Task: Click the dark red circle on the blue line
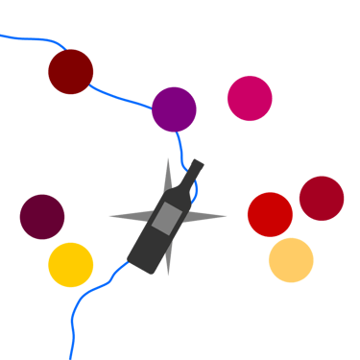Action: [x=71, y=72]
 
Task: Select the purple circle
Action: [x=174, y=108]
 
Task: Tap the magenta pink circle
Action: [x=250, y=98]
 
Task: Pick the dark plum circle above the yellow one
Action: [x=42, y=216]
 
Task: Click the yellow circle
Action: [x=71, y=265]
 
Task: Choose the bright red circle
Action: [x=270, y=214]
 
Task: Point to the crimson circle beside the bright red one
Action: [x=322, y=199]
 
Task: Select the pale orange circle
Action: [x=291, y=260]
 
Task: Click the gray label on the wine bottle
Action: [x=166, y=218]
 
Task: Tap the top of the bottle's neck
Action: [x=197, y=163]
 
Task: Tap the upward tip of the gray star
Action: [x=169, y=157]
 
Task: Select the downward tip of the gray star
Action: [x=169, y=276]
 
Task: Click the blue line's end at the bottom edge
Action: [x=70, y=357]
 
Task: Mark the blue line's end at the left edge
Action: [x=2, y=36]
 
